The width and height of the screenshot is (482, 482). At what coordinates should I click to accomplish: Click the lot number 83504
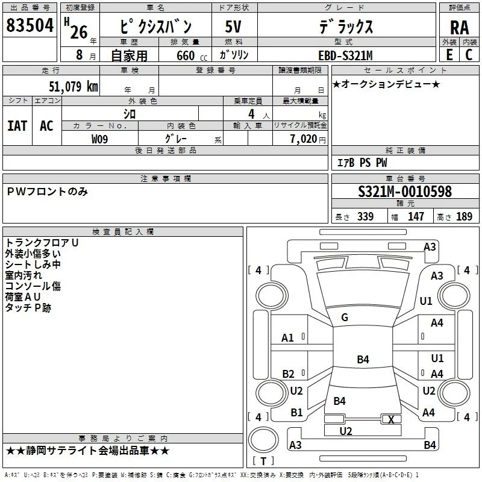coord(30,25)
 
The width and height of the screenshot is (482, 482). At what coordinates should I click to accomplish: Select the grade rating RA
coord(459,28)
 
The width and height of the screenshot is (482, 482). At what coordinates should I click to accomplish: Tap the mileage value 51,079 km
coord(74,86)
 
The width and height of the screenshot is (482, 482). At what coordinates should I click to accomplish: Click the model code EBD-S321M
coord(345,55)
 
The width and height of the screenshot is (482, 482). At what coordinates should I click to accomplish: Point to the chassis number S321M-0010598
coord(405,192)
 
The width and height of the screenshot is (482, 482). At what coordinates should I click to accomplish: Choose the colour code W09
coord(99,139)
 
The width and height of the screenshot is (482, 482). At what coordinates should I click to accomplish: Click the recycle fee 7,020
coord(304,139)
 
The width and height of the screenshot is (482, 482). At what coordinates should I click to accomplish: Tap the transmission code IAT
coord(17,126)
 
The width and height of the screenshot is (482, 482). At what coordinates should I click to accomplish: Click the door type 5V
coord(233,27)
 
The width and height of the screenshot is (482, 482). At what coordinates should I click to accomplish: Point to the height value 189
coord(464,216)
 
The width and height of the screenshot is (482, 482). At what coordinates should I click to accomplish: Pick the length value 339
coord(365,216)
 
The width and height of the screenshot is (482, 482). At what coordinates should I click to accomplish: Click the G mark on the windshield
coord(345,318)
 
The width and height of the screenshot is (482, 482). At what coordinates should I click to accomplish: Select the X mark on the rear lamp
coord(391,419)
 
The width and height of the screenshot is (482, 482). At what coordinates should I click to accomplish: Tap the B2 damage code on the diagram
coord(288,374)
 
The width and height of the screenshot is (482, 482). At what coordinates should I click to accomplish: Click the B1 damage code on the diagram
coord(296,412)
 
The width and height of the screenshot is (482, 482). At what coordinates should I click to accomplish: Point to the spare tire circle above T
coord(263,439)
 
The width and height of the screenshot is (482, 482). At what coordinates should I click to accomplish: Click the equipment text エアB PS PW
coord(362,163)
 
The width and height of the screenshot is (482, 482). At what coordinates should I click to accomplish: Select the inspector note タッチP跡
coord(28,308)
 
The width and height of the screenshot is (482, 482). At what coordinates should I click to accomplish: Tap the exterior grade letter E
coord(449,55)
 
